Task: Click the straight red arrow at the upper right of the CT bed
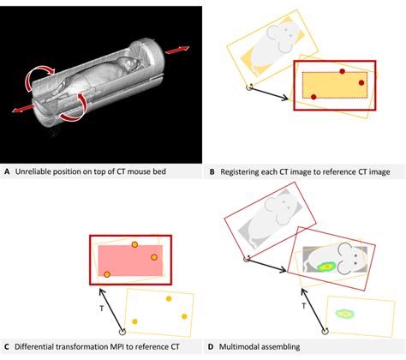click(177, 51)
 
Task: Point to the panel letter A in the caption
click(7, 171)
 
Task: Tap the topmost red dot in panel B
click(342, 72)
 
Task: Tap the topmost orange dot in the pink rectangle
click(134, 244)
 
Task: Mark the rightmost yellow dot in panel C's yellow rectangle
click(181, 313)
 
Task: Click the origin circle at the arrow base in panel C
click(122, 330)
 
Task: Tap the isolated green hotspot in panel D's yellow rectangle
click(346, 312)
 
